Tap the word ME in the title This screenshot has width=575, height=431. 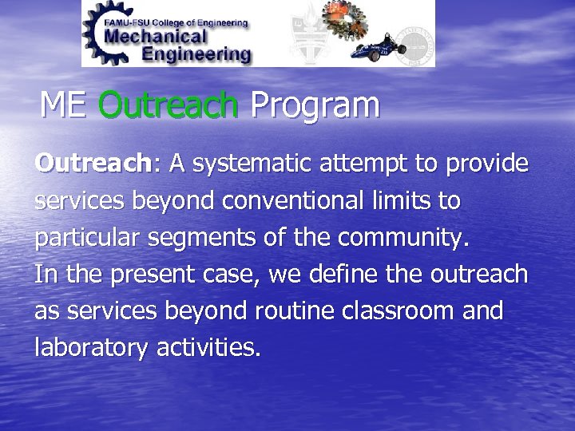click(x=65, y=105)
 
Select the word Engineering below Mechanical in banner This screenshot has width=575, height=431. click(x=196, y=54)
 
